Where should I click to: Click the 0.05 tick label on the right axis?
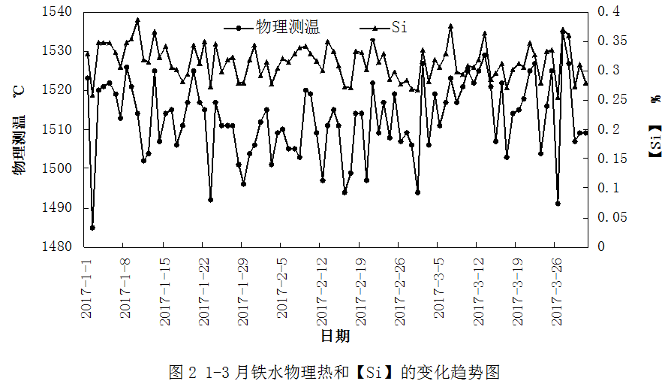[x=611, y=217]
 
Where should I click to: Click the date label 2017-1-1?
[x=86, y=288]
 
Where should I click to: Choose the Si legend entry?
[x=399, y=28]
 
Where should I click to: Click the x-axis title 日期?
[x=335, y=336]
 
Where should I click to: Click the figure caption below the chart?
[x=335, y=371]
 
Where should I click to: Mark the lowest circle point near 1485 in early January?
[x=92, y=228]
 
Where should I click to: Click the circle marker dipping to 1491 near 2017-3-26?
[x=558, y=203]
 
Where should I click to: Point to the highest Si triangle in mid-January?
[x=137, y=20]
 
